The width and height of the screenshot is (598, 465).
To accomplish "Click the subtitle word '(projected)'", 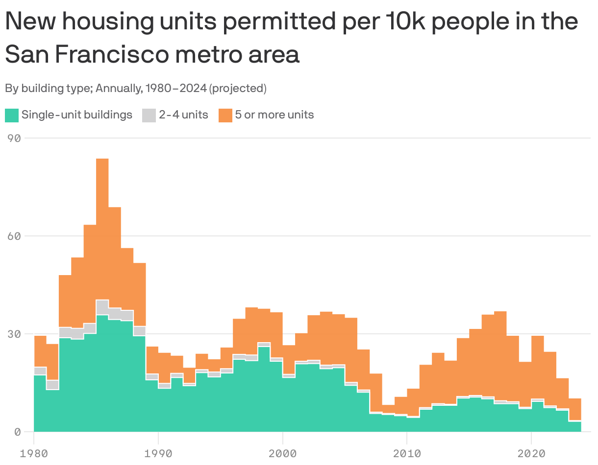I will (x=238, y=89).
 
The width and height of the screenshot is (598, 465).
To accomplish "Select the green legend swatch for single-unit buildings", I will (x=12, y=116).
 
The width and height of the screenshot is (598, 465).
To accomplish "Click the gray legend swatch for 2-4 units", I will (x=149, y=116).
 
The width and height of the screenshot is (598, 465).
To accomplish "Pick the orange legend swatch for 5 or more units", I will (x=225, y=116).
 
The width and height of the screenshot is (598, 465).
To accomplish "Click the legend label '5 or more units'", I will (x=274, y=115).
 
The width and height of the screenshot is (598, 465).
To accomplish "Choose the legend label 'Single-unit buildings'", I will (x=77, y=115).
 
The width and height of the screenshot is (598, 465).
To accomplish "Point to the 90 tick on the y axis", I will (x=14, y=139).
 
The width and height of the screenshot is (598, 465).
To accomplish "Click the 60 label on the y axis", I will (x=14, y=236).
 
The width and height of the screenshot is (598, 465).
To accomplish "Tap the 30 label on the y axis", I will (x=14, y=334).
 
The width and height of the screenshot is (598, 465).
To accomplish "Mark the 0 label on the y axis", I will (x=17, y=432).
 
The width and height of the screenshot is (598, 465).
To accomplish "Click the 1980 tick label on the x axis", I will (x=34, y=453).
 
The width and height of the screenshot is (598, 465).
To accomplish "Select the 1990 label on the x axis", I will (x=158, y=453).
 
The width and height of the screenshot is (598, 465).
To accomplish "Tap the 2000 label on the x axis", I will (x=283, y=453).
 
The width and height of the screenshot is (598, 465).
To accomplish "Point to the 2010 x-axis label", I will (x=407, y=453).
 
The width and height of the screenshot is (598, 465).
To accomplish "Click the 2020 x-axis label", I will (x=531, y=453).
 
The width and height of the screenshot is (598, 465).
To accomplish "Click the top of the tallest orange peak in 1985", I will (x=102, y=160).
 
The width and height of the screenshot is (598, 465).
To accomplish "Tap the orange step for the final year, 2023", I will (x=574, y=409).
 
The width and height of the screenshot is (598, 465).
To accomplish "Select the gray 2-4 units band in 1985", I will (x=102, y=307).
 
